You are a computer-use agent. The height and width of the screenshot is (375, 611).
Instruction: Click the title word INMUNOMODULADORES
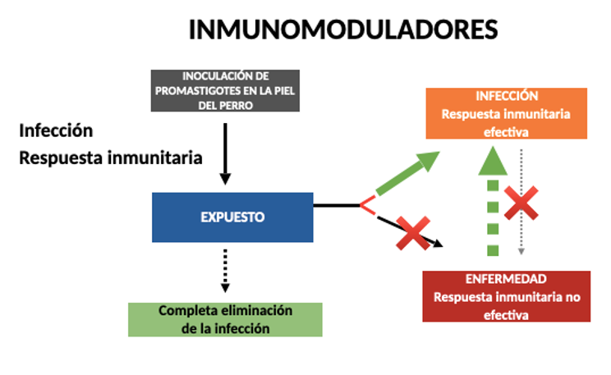pos(343,30)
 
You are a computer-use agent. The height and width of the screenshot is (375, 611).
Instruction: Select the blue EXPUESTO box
pos(232,217)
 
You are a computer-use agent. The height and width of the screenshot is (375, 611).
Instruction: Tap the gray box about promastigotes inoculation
pos(225,91)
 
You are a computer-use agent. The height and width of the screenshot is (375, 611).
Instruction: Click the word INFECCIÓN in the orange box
pos(507,96)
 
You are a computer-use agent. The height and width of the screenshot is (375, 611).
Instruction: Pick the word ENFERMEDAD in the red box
pos(506,279)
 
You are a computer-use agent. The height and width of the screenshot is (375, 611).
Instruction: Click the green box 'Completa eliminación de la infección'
pos(225,320)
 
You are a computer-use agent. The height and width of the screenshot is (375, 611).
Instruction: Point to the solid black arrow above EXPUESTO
pos(225,153)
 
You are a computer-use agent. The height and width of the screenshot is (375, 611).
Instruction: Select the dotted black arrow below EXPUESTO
pos(225,271)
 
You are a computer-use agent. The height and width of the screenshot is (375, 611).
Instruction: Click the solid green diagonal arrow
pos(407,173)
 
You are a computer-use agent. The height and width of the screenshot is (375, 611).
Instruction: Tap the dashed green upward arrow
pos(493,201)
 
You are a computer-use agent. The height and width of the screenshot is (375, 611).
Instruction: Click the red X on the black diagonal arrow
pos(413,233)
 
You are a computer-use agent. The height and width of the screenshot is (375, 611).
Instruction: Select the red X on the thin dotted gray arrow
pos(521,203)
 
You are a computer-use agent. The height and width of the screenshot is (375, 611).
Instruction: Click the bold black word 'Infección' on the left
pos(56,130)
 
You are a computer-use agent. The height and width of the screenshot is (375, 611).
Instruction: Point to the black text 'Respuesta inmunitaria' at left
pos(111,158)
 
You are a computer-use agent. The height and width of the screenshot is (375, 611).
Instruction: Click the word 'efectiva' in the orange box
pos(506,132)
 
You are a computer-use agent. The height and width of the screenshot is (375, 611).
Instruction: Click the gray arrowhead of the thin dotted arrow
pos(521,252)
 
